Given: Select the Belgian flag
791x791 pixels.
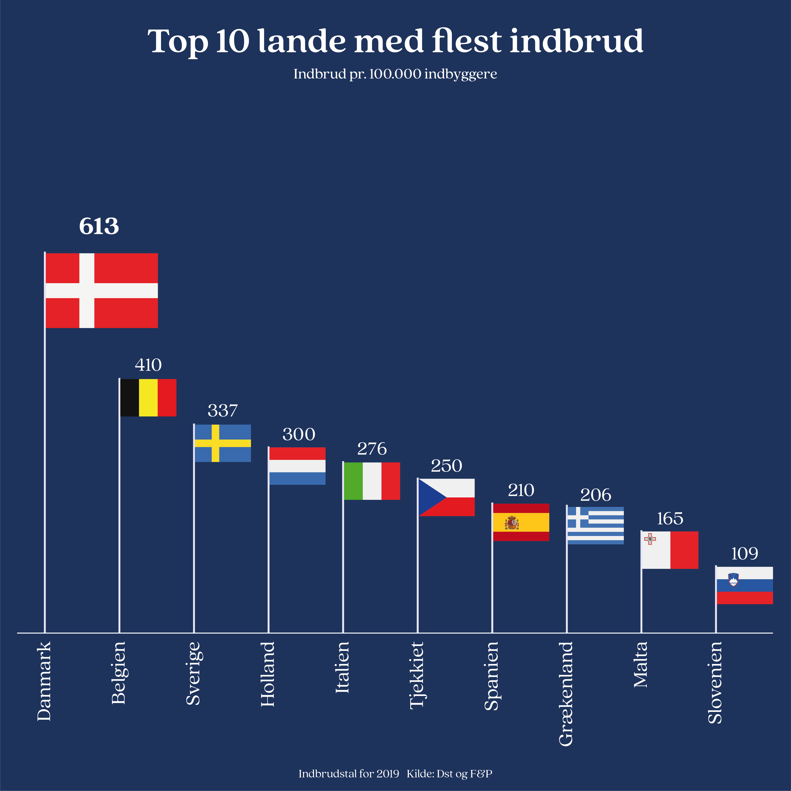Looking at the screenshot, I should coord(148,397).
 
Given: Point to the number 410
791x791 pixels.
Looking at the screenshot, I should coord(148,365).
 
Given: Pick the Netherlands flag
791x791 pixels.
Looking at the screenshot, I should coord(297,466).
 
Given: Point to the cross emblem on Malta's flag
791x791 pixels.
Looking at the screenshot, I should coord(650,539).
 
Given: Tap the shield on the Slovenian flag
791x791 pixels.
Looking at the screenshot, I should coord(733,580).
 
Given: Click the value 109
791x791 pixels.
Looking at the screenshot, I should coord(744,554).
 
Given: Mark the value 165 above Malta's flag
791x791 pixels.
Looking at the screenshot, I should coord(670,519).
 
